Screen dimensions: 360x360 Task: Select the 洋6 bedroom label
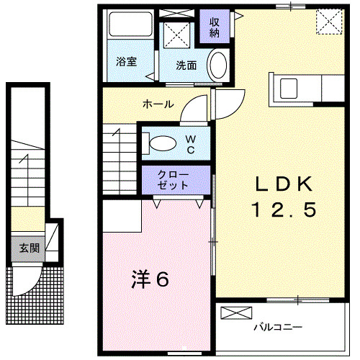(x=150, y=279)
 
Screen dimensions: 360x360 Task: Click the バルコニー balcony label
(x=277, y=328)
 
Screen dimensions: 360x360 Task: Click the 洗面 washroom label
(x=186, y=65)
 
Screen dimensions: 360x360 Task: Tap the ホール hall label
(x=158, y=104)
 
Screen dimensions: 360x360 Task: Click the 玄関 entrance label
(x=29, y=249)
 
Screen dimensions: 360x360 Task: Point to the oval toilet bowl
(x=161, y=142)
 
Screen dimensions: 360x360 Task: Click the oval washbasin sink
(x=217, y=64)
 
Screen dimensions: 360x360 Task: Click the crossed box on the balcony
(x=236, y=312)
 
